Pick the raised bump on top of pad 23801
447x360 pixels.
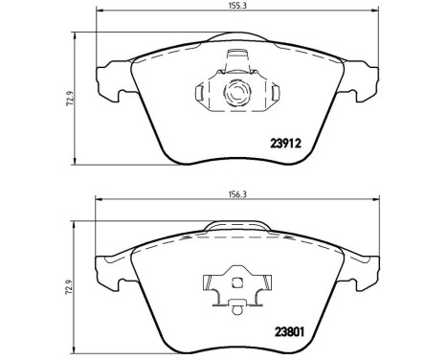[235, 225]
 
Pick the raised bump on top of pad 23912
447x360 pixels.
[235, 40]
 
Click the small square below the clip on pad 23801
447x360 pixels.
[235, 305]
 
